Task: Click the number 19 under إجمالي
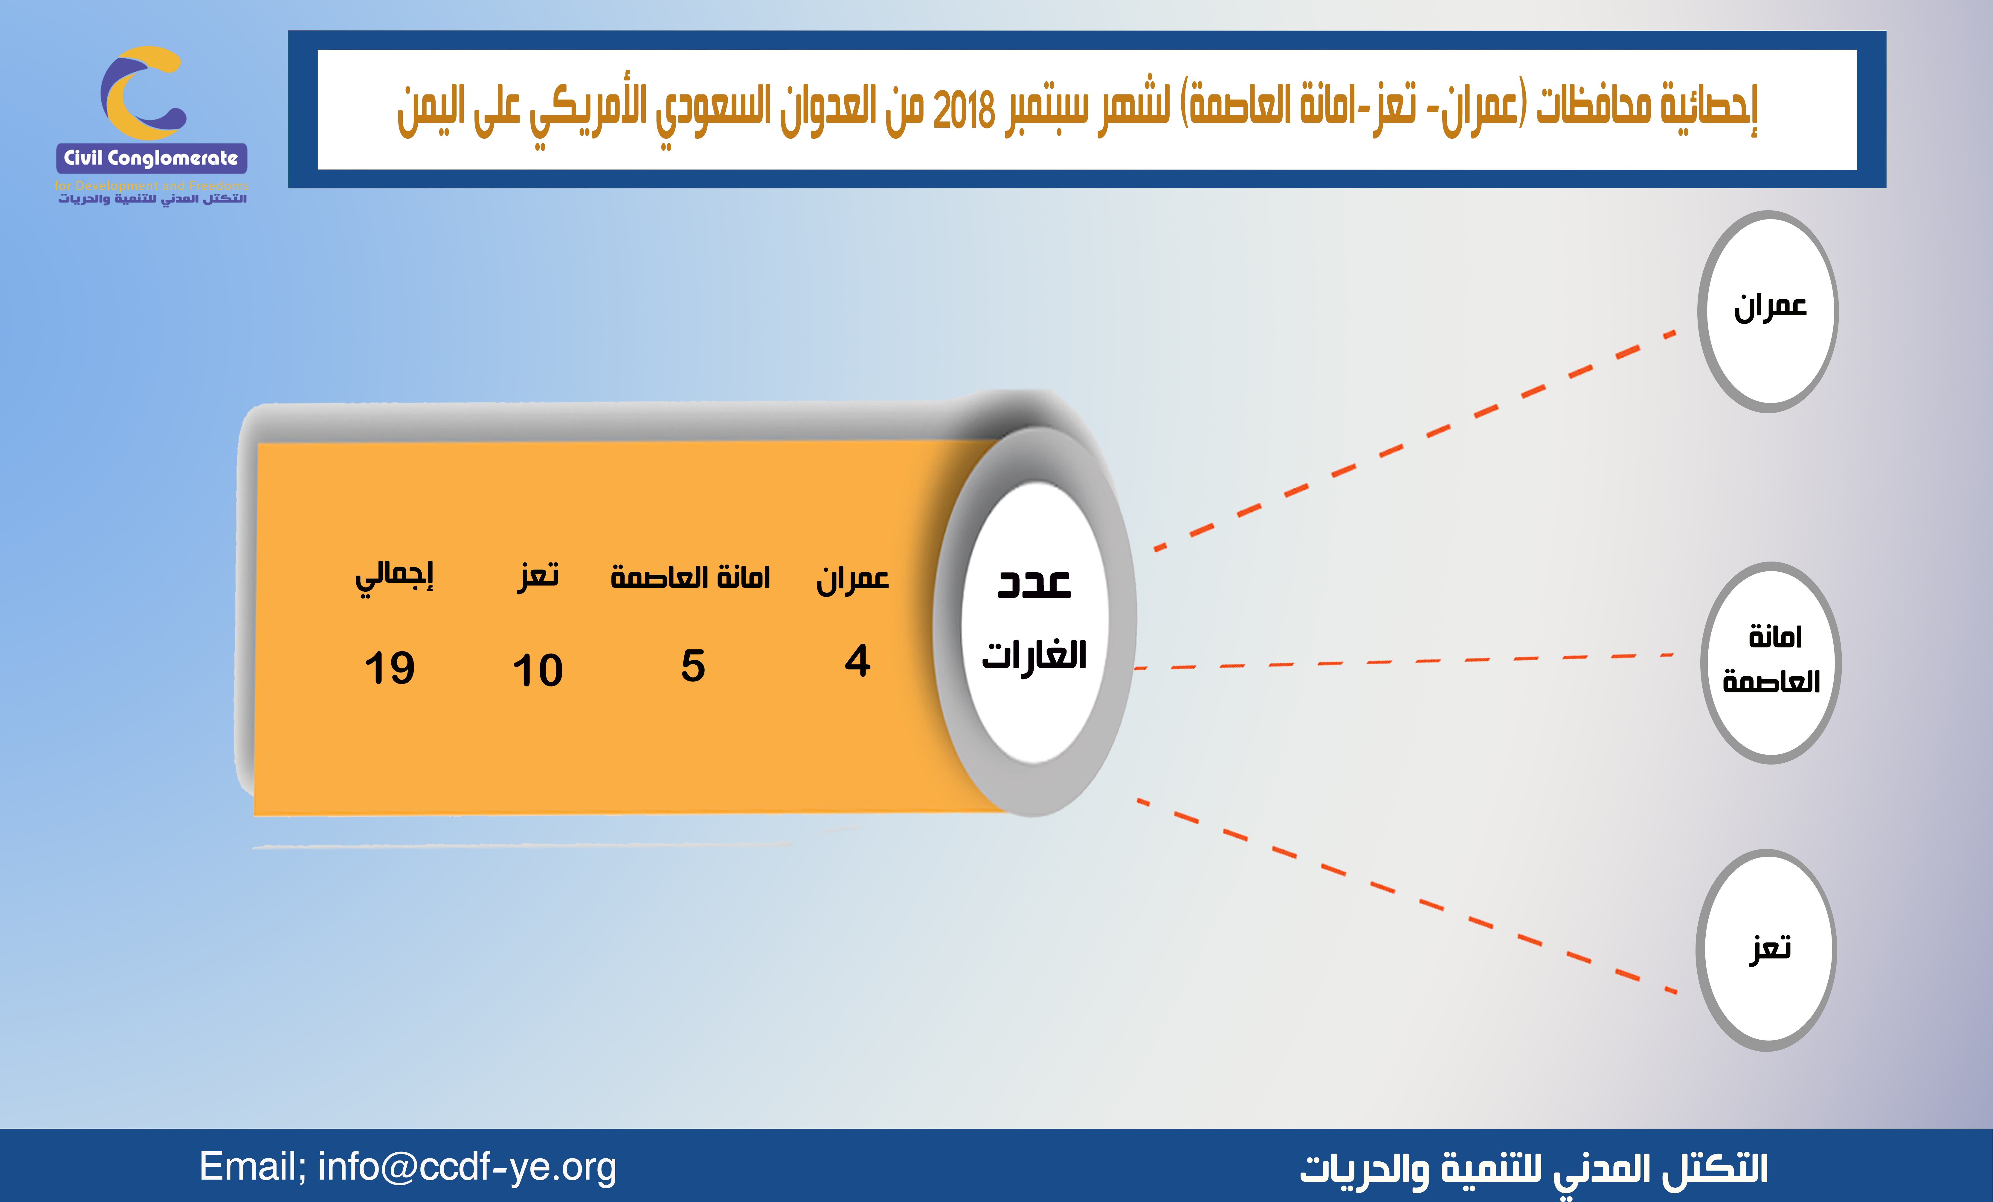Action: [390, 668]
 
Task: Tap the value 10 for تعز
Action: [538, 671]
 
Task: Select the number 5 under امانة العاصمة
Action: [693, 666]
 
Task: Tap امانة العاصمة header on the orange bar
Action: [690, 577]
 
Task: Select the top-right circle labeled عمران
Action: [1768, 312]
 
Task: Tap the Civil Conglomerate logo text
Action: [151, 158]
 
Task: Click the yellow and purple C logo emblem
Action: [143, 92]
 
